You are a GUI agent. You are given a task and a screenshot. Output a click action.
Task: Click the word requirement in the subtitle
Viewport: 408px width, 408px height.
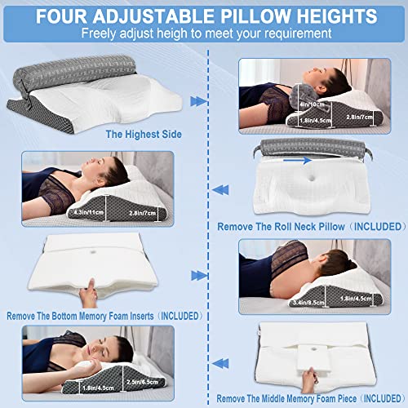pyautogui.click(x=295, y=33)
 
